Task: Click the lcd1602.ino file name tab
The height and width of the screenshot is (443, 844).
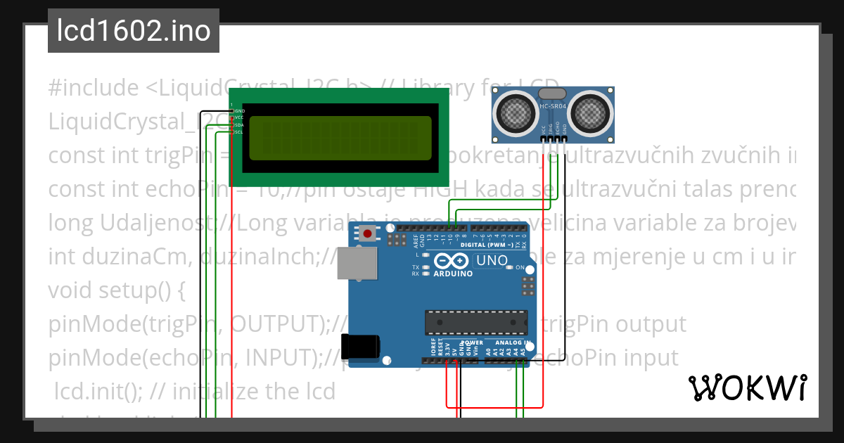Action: [x=134, y=32]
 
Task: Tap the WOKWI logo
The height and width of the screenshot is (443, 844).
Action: [x=747, y=387]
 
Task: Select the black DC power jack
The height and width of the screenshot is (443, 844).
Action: [x=362, y=347]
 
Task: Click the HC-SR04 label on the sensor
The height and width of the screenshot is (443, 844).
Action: [x=552, y=107]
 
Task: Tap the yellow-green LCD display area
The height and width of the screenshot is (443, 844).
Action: [x=340, y=137]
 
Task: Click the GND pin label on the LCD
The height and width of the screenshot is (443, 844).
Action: [x=239, y=111]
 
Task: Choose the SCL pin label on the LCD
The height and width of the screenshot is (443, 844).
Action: [x=239, y=132]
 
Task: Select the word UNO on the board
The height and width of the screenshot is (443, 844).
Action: [x=492, y=261]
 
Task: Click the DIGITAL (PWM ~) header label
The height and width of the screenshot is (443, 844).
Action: [x=485, y=245]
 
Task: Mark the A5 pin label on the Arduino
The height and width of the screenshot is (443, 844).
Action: [x=523, y=350]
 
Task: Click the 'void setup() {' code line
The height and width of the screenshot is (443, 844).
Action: [x=116, y=290]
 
